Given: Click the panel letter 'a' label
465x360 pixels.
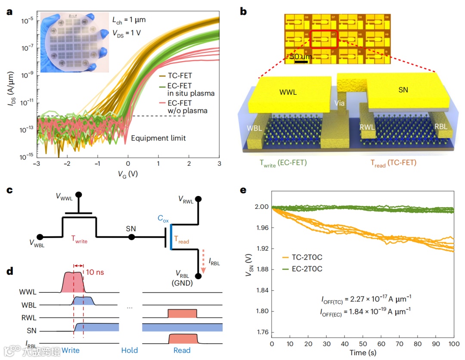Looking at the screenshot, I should point(9,11).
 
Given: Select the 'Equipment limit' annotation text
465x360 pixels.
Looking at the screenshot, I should point(158,138).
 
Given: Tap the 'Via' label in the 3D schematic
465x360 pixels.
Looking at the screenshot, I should point(340,103).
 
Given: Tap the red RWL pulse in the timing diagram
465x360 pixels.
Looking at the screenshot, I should point(182,313).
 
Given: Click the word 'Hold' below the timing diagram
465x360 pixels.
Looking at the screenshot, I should point(129,350).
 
